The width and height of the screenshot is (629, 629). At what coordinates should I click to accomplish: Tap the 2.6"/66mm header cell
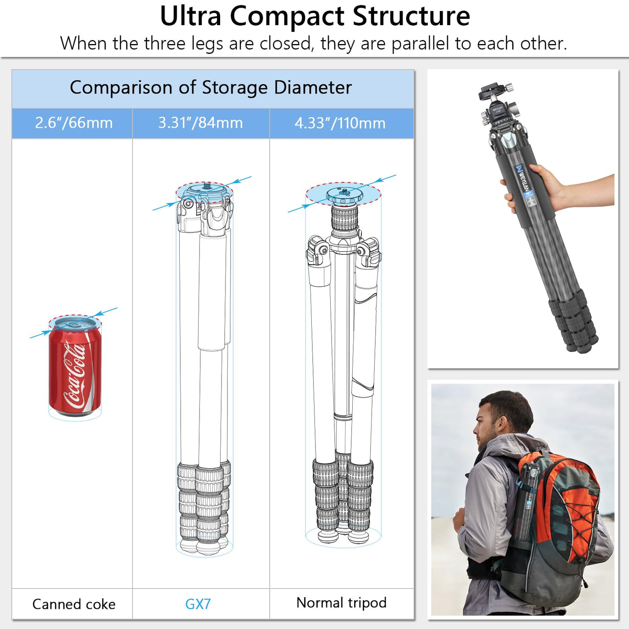tap(72, 124)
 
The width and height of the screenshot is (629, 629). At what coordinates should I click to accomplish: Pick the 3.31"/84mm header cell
tap(201, 124)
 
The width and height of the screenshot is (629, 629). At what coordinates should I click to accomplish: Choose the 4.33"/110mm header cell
tap(341, 124)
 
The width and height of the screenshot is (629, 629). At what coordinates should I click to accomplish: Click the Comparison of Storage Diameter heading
tap(211, 88)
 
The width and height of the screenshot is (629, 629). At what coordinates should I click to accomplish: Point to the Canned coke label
tap(74, 604)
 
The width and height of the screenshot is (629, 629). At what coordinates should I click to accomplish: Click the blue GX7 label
tap(198, 604)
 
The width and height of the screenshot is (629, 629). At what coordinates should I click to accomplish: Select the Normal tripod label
tap(341, 602)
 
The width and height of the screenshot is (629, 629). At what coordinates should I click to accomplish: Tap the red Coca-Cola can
tap(75, 367)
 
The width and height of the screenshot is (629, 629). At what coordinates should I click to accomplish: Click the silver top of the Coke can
tap(75, 324)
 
